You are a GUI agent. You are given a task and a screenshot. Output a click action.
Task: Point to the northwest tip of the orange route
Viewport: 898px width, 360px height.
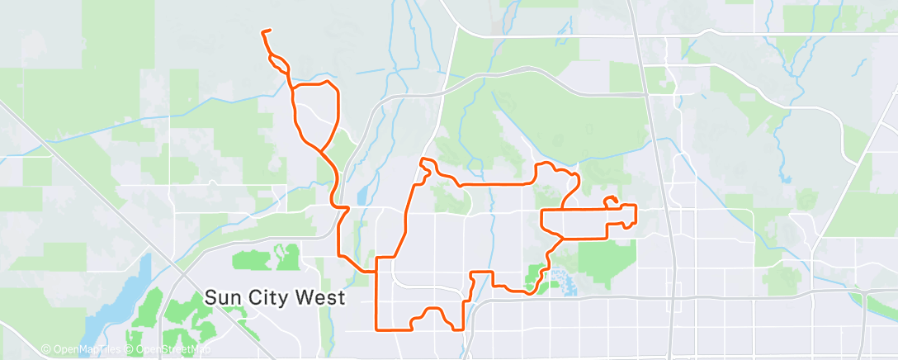[263, 32]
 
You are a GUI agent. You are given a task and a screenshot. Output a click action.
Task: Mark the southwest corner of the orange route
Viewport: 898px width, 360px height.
[378, 329]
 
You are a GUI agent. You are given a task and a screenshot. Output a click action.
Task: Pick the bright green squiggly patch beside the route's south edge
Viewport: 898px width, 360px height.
[537, 276]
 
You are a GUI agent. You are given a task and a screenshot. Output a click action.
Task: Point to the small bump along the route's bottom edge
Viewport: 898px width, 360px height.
[432, 311]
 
